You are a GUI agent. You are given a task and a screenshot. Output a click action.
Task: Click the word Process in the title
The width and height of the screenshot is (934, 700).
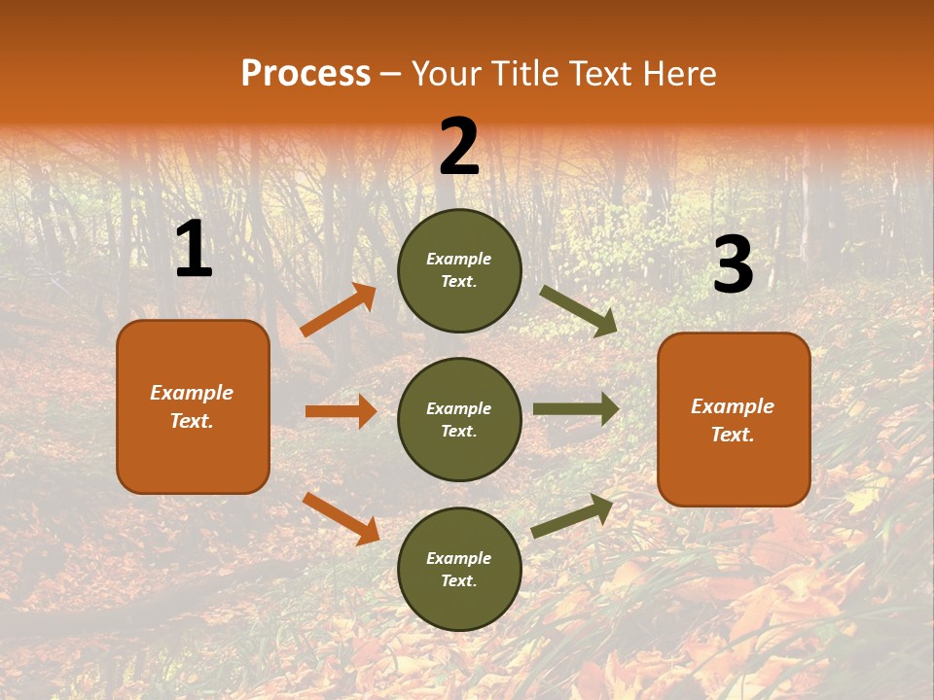(x=305, y=73)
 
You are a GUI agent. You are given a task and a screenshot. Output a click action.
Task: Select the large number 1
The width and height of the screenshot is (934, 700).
(x=194, y=250)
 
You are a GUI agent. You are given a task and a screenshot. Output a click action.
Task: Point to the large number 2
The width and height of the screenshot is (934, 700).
(x=459, y=147)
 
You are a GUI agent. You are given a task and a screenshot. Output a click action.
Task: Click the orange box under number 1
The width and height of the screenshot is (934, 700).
(x=193, y=406)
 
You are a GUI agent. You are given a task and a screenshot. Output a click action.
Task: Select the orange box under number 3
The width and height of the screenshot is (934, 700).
(x=734, y=419)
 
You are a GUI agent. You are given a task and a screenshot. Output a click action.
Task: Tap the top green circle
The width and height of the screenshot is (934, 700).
(x=459, y=270)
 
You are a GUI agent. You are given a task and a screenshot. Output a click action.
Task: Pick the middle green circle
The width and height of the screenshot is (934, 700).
(x=459, y=419)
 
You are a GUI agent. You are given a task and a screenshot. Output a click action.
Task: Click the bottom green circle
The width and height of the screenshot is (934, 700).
(x=459, y=569)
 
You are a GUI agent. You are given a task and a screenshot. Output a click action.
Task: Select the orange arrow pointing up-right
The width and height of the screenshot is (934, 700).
(x=339, y=310)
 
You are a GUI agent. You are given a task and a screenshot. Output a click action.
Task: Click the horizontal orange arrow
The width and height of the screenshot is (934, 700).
(x=341, y=411)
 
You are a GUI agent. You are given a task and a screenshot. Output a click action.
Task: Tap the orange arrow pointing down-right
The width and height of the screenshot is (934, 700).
(x=341, y=518)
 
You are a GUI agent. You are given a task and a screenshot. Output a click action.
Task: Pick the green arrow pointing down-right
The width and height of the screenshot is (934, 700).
(x=579, y=311)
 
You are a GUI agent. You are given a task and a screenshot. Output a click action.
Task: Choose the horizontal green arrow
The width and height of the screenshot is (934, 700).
(x=576, y=408)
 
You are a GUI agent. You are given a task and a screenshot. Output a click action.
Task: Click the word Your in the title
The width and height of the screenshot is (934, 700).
(x=446, y=73)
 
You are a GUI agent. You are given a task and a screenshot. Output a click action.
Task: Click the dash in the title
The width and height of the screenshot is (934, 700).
(x=390, y=74)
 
